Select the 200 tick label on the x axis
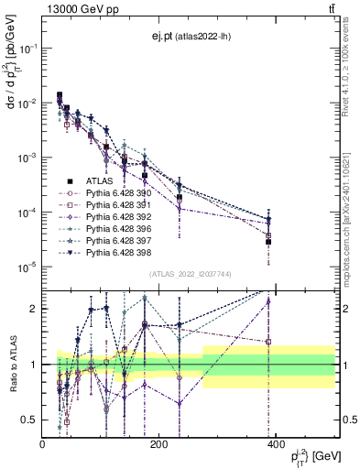coord(158,445)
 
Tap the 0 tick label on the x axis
coord(43,445)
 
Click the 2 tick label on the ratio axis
coord(35,309)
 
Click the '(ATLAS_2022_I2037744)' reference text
coord(190,274)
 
